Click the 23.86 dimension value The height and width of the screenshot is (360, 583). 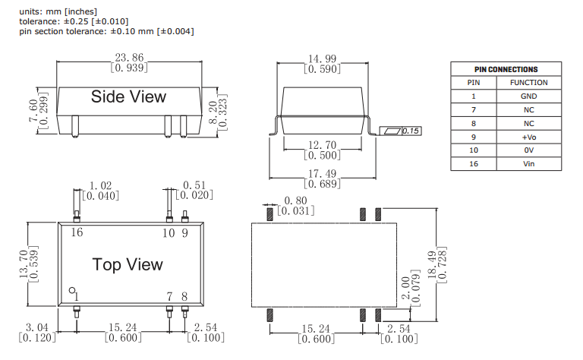coord(129,58)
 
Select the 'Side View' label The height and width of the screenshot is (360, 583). coord(128,97)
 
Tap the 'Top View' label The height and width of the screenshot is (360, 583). coord(128,264)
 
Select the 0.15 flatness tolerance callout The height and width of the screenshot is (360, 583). coord(411,131)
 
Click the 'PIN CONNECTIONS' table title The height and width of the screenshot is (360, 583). coord(506,69)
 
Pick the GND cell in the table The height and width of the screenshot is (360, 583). coord(528,96)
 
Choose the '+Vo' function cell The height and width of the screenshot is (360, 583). coord(528,137)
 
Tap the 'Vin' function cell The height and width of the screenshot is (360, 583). coord(528,164)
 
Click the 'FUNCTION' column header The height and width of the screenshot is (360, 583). coord(528,83)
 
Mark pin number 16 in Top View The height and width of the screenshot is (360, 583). coord(77,232)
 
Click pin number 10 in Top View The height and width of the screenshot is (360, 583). coord(169,232)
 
